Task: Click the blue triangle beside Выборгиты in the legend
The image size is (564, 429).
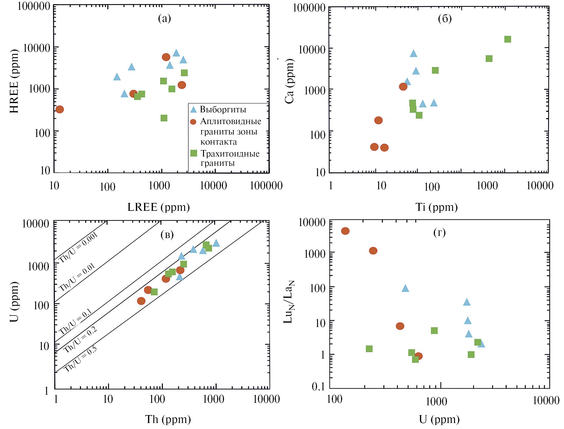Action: click(x=193, y=110)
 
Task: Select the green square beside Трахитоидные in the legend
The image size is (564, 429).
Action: click(x=193, y=153)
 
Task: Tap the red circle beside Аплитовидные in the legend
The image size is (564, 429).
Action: click(x=193, y=122)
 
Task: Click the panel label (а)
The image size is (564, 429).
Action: click(x=165, y=19)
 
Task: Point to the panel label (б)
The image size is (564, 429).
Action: click(x=445, y=19)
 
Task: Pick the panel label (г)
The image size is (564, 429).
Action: click(x=439, y=232)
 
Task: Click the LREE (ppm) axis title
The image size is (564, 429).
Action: click(x=159, y=207)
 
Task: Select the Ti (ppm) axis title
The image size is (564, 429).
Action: click(x=436, y=207)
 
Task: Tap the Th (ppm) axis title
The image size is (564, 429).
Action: click(x=168, y=419)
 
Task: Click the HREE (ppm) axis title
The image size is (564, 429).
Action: click(x=14, y=81)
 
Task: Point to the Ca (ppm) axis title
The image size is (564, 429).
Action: click(x=289, y=81)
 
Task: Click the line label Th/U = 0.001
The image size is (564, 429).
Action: click(x=78, y=248)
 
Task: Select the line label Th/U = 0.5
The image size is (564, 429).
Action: click(x=80, y=359)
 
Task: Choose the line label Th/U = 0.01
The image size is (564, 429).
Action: click(x=77, y=277)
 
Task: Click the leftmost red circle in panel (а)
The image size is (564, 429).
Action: click(x=60, y=109)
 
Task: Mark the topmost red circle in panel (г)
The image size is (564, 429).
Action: click(x=345, y=231)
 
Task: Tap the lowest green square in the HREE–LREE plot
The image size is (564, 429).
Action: click(x=164, y=118)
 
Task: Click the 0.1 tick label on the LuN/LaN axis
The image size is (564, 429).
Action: click(x=318, y=386)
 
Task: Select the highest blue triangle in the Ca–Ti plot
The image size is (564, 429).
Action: click(x=414, y=53)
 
